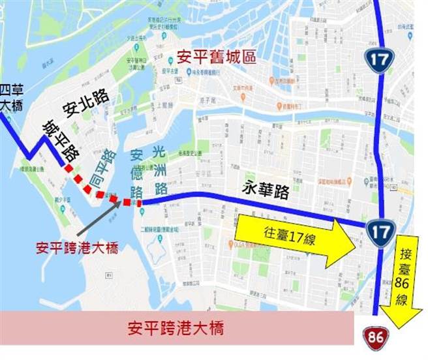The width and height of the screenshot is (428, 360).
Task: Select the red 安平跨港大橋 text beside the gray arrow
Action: (77, 248)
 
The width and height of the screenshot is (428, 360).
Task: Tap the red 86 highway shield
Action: (373, 337)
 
